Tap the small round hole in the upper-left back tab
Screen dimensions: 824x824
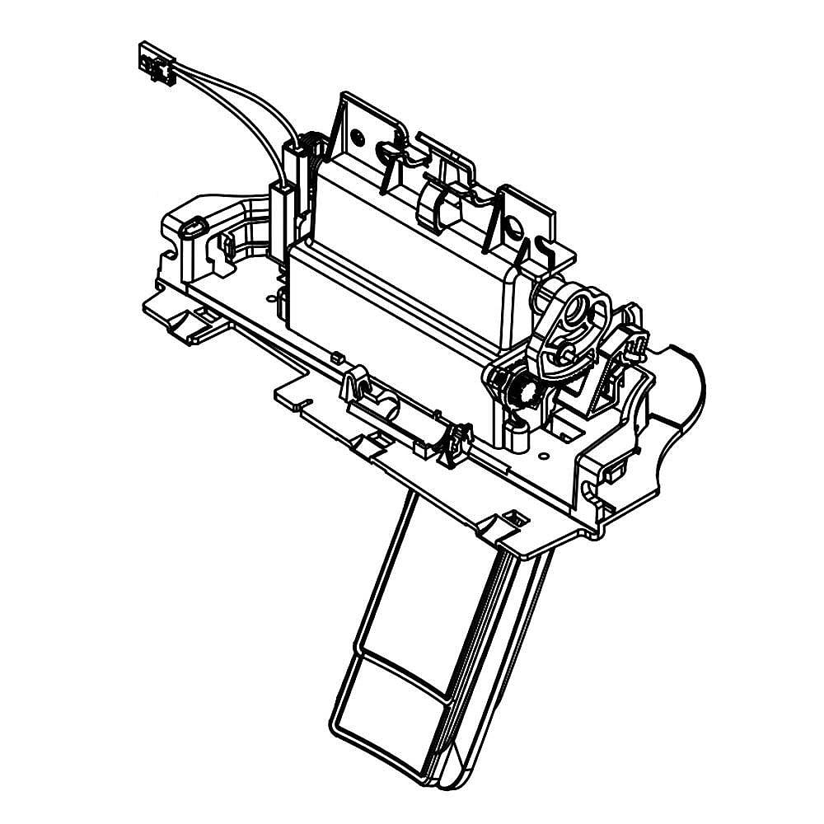[356, 135]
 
